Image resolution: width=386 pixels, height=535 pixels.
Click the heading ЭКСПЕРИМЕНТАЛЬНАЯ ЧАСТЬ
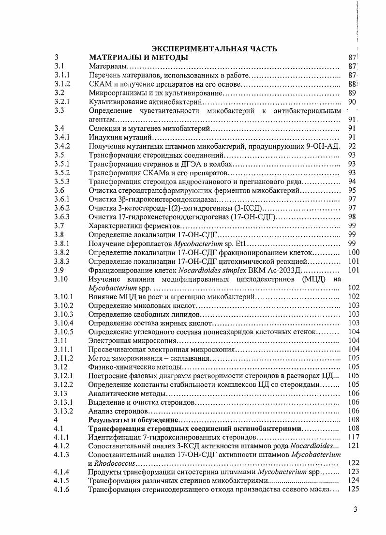215,48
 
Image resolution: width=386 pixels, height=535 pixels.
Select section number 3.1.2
62,84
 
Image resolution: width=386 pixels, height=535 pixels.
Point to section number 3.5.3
62,182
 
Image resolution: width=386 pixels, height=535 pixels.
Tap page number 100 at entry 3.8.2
354,252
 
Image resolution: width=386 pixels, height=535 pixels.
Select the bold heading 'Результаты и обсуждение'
133,420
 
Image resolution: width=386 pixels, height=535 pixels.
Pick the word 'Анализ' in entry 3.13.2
102,411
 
